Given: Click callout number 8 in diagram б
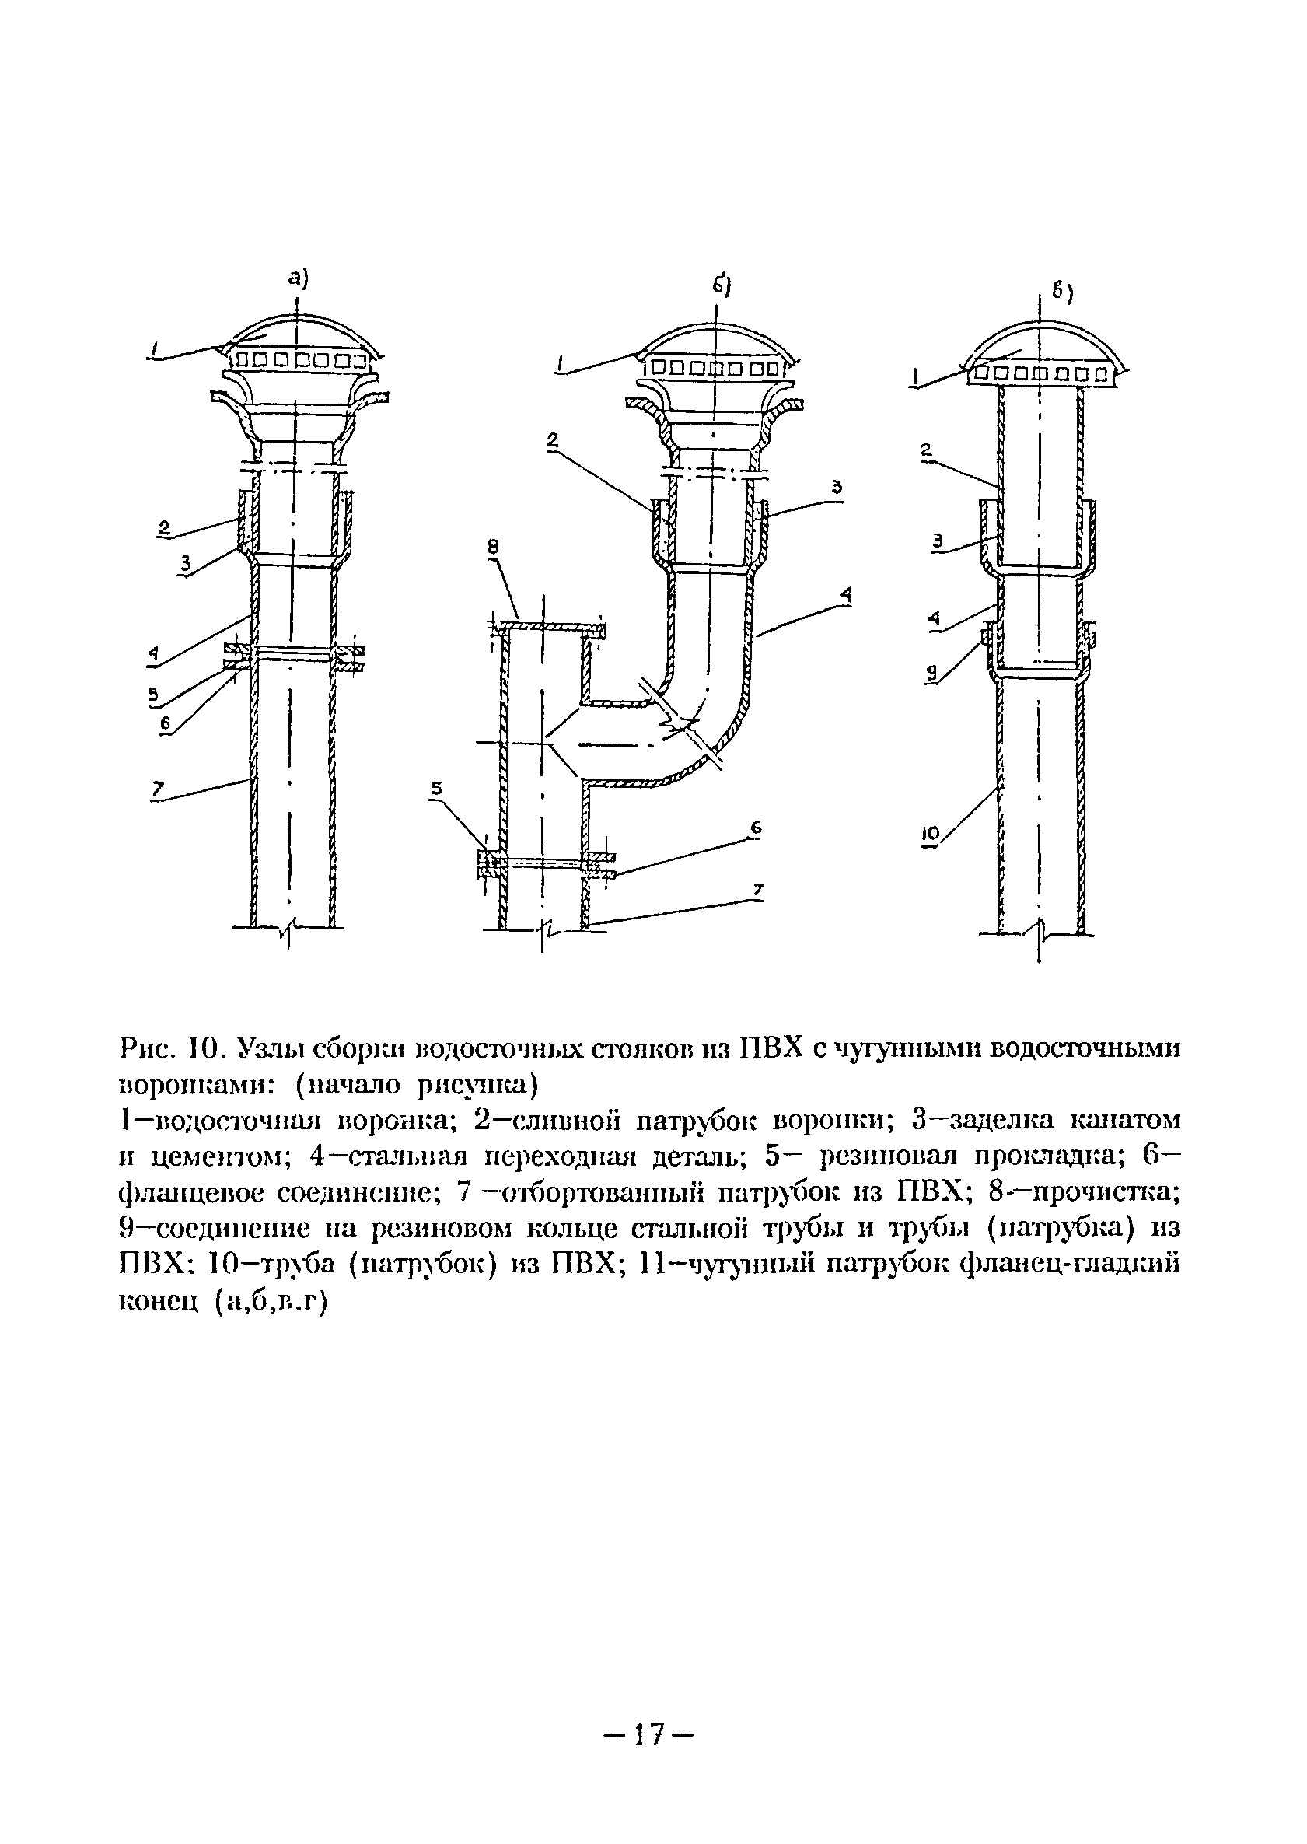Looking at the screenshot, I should coord(494,547).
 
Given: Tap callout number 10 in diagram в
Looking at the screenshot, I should coord(930,837).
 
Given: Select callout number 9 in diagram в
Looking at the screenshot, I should coord(931,676).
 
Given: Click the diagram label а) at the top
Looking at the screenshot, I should coord(299,278).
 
